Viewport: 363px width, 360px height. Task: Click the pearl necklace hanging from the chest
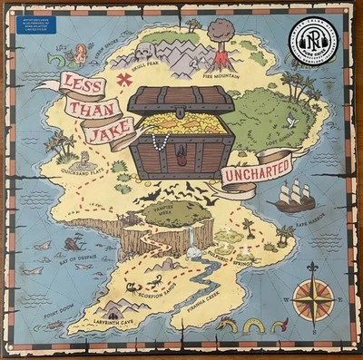tap(162, 141)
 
